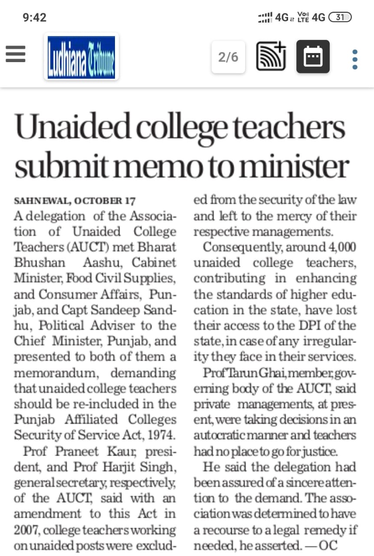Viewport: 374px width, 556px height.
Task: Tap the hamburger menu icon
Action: [x=16, y=54]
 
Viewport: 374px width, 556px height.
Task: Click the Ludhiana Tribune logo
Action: [x=81, y=57]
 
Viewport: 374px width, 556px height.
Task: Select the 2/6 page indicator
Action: [x=228, y=57]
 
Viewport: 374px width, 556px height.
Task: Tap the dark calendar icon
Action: [x=313, y=56]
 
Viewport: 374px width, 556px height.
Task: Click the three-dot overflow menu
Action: [x=355, y=60]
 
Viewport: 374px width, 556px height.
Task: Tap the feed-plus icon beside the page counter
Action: [x=271, y=56]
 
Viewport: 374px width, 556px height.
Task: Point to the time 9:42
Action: [x=34, y=17]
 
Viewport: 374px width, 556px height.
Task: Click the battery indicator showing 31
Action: [x=340, y=17]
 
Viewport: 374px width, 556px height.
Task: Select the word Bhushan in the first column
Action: [x=39, y=263]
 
